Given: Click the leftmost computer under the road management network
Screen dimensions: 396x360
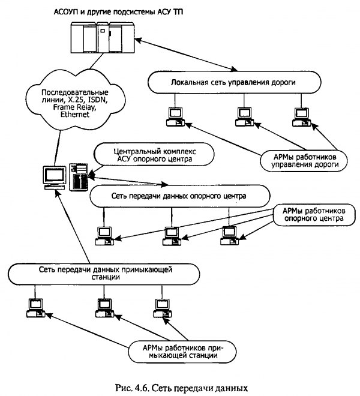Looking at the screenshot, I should (175, 116).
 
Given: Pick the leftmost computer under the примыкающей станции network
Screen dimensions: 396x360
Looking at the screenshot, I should (33, 307).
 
